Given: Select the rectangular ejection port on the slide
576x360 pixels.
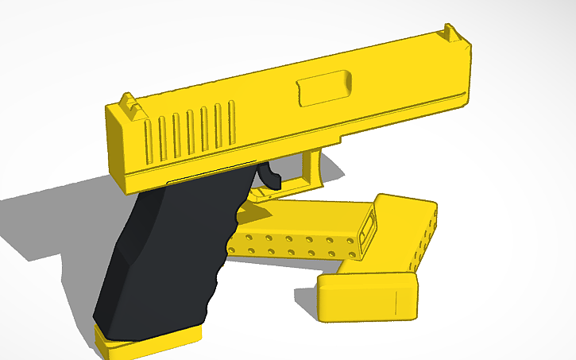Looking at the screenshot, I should point(324,87).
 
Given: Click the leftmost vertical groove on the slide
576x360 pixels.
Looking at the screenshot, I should point(149,138).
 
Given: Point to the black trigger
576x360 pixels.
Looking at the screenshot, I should point(269,176).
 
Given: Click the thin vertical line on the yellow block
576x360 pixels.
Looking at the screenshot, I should point(394,303).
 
